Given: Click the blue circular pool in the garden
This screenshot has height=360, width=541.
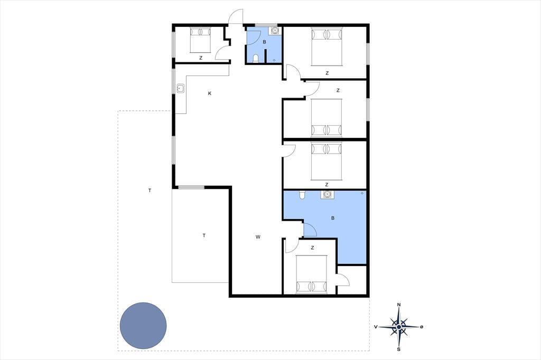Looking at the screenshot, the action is coord(143,326).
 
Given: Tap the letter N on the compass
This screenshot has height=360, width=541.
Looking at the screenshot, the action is coord(399,305).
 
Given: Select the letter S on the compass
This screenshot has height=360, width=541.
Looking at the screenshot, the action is coord(399,349).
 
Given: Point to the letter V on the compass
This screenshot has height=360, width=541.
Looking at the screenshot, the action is coord(376,327).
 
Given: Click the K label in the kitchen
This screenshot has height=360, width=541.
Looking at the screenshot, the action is coord(210,93).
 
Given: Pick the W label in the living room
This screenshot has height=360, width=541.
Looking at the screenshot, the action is coord(258,237).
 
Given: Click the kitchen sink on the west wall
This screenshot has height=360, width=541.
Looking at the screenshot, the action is coord(181,88).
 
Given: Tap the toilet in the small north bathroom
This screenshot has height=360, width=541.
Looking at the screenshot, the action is coord(256,59).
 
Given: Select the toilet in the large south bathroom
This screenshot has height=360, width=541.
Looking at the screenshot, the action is coord(303,195).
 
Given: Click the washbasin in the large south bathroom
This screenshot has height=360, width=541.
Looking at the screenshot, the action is coord(327,195).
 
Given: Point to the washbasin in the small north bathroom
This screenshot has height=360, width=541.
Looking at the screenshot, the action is coord(274,31).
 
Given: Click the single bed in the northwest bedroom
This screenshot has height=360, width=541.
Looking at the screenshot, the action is coord(200,40).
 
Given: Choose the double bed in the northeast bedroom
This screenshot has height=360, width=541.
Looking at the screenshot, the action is coord(327,46).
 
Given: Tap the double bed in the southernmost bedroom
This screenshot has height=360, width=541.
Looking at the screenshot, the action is coord(312,274).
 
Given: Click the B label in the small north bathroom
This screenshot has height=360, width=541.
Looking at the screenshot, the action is coord(265,42).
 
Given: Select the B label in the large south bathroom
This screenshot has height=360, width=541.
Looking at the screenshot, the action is coord(333,218).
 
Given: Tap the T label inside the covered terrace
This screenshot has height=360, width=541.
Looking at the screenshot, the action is coord(204,235).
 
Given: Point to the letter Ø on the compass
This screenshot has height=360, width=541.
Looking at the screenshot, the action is coord(421,327).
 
